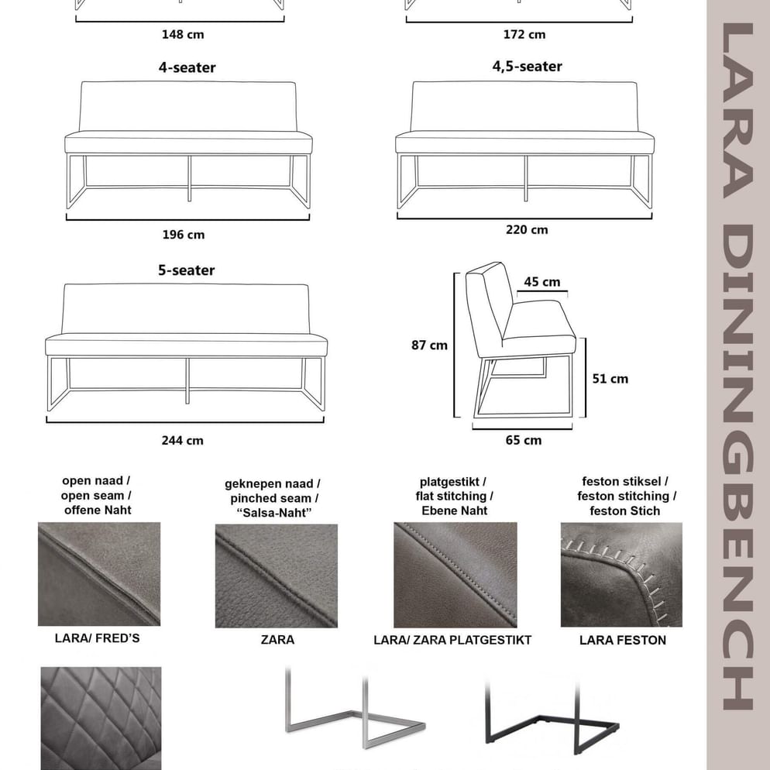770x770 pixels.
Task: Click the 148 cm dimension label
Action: coord(183,34)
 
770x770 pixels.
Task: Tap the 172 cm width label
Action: coord(524,34)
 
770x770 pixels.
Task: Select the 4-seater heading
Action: coord(187,67)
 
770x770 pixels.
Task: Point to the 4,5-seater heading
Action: coord(527,67)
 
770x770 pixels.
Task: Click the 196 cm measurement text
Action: coord(183,234)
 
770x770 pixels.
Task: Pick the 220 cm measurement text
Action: coord(527,229)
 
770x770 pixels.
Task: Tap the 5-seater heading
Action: coord(186,270)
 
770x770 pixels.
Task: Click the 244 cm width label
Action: coord(183,440)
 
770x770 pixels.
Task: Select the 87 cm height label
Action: coord(429,345)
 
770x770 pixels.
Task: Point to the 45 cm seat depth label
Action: coord(541,282)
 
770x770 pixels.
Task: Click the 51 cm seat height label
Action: coord(610,379)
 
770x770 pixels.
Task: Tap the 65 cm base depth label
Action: coord(524,440)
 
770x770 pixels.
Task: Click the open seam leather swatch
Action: coord(99,574)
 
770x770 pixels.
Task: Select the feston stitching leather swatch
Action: coord(621,574)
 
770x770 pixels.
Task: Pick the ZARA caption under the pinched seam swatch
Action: coord(277,640)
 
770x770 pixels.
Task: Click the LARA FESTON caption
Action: coord(623,640)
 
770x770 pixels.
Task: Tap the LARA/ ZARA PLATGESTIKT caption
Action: coord(452,640)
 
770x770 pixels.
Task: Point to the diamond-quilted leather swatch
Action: coord(101,717)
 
